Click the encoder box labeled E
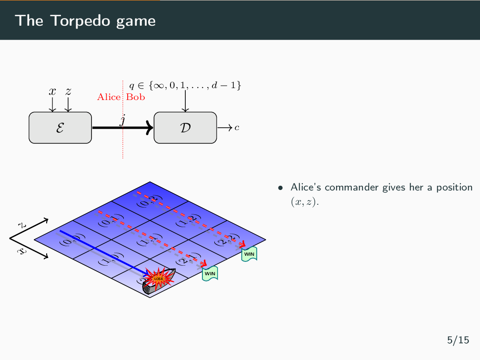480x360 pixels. tap(60, 128)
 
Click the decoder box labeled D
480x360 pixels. tap(185, 128)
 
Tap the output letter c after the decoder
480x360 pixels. tap(237, 128)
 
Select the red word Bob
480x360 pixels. tap(136, 97)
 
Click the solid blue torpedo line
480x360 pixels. tap(100, 252)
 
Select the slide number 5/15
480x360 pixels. tap(458, 340)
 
